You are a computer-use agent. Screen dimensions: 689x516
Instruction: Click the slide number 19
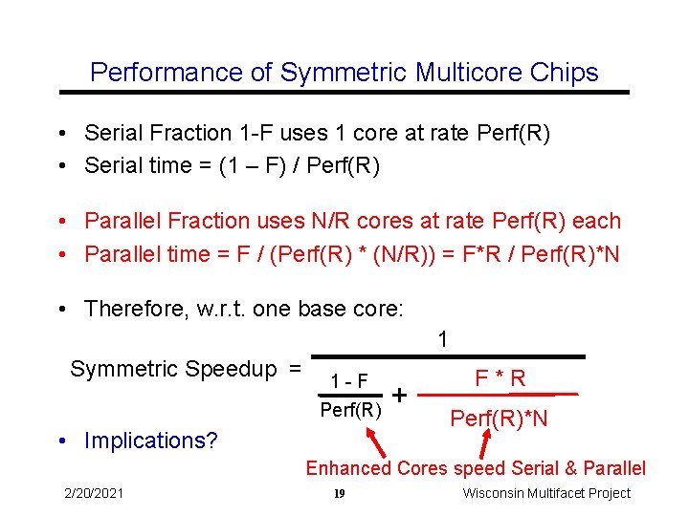(x=339, y=494)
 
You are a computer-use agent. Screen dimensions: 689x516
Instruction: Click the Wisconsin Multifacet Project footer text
(x=546, y=493)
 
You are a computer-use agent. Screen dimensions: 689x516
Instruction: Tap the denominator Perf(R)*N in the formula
(x=500, y=419)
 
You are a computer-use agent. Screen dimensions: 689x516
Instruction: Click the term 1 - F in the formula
(x=349, y=379)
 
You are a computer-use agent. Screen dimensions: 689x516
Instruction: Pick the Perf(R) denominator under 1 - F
(x=350, y=411)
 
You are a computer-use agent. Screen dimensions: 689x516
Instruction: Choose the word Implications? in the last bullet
(x=150, y=441)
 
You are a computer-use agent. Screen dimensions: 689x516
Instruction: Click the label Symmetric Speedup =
(x=186, y=369)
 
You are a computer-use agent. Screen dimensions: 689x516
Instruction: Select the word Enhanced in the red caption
(x=348, y=468)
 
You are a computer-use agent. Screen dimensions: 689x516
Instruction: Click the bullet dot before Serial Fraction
(x=60, y=133)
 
